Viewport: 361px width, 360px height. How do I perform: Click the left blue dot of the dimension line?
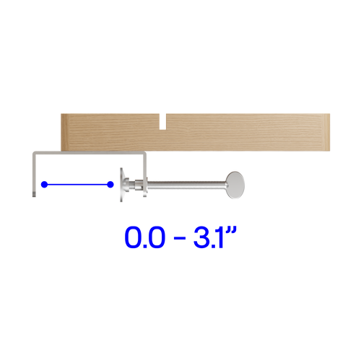44,185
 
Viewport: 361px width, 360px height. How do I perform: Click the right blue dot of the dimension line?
110,185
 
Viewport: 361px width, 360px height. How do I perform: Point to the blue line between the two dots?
77,185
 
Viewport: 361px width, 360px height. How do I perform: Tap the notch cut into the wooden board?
163,122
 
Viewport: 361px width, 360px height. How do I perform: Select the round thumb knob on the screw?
235,185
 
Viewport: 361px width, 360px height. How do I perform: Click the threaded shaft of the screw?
186,185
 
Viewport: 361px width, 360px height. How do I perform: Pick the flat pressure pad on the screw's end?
122,185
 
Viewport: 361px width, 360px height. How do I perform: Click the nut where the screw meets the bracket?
139,185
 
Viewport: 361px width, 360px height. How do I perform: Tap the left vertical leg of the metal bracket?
34,175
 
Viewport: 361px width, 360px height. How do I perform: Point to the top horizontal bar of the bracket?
90,152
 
